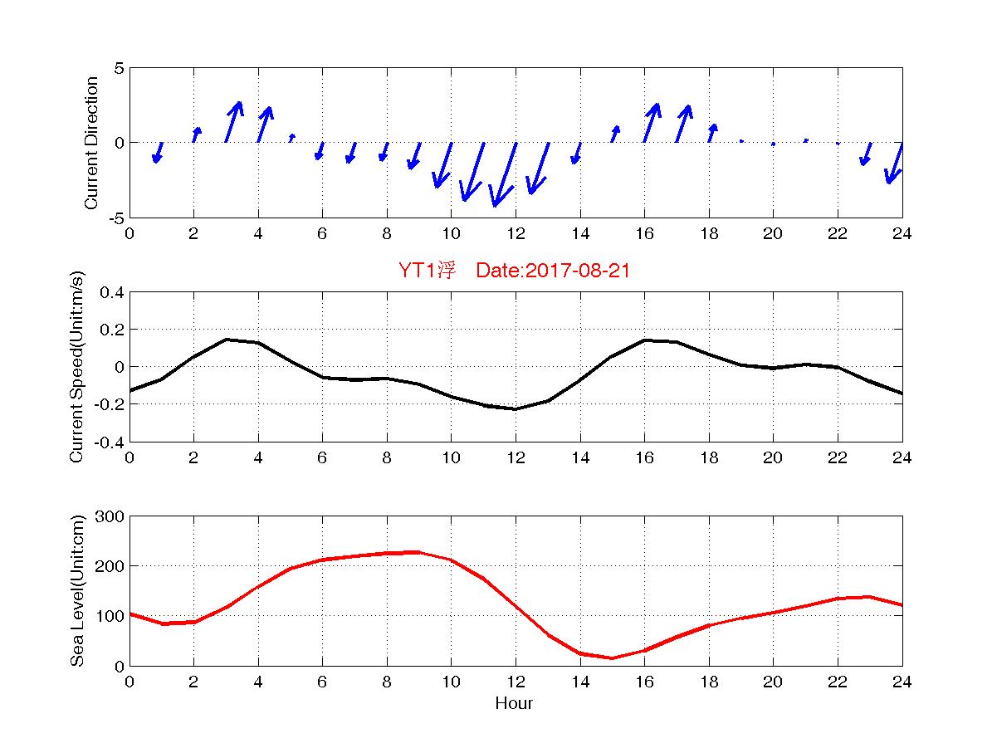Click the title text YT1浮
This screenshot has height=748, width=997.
pos(427,271)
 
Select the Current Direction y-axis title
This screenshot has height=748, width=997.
pos(92,143)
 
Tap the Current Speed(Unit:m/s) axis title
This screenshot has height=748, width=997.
pos(77,366)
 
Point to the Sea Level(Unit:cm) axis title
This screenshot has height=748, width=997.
pos(77,590)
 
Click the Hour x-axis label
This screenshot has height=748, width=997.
pos(515,703)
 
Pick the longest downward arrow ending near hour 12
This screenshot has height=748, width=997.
pos(505,174)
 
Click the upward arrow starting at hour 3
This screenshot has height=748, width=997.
pos(233,122)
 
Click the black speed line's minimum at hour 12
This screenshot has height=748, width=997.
pos(516,408)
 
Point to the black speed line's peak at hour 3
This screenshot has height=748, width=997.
pos(227,340)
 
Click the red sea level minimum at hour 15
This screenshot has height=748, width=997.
pos(612,658)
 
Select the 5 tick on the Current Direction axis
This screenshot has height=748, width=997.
pos(119,68)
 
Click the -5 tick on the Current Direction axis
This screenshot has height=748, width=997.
pos(115,218)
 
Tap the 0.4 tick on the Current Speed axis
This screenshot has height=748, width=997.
pos(111,292)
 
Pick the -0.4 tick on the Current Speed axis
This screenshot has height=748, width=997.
pos(110,442)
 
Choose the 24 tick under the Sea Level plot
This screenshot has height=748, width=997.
pos(902,682)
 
